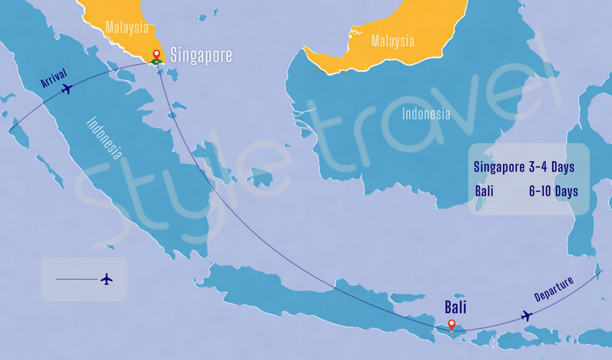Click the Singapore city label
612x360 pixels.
201,56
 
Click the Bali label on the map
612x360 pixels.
455,307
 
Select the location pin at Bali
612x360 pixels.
452,325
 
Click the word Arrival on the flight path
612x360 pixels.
53,77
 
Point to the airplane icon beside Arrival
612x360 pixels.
68,89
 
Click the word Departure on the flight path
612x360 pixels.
554,289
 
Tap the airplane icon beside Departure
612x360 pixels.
526,316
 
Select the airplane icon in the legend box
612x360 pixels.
106,279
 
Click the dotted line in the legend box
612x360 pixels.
77,279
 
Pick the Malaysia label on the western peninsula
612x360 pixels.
127,28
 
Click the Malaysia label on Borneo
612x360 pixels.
393,41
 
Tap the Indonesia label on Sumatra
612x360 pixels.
104,137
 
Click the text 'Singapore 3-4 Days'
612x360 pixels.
524,167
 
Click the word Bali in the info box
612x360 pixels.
484,191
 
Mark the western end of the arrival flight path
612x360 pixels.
9,131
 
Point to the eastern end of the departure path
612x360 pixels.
602,269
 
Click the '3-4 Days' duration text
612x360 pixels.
552,167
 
